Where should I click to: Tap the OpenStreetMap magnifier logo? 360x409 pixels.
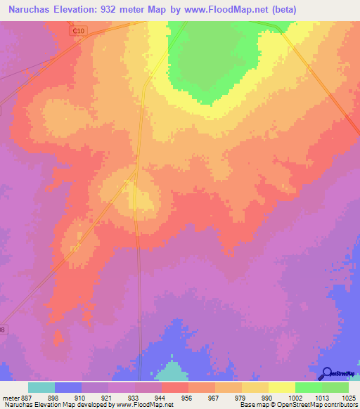coord(326,374)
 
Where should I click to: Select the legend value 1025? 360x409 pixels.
coord(348,398)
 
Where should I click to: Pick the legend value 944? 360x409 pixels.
coord(161,398)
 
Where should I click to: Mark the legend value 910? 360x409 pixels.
coord(81,398)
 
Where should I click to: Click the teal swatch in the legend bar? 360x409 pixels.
coord(41,387)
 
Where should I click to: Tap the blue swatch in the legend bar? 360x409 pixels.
coord(68,387)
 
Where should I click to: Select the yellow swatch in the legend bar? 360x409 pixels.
coord(282,387)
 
